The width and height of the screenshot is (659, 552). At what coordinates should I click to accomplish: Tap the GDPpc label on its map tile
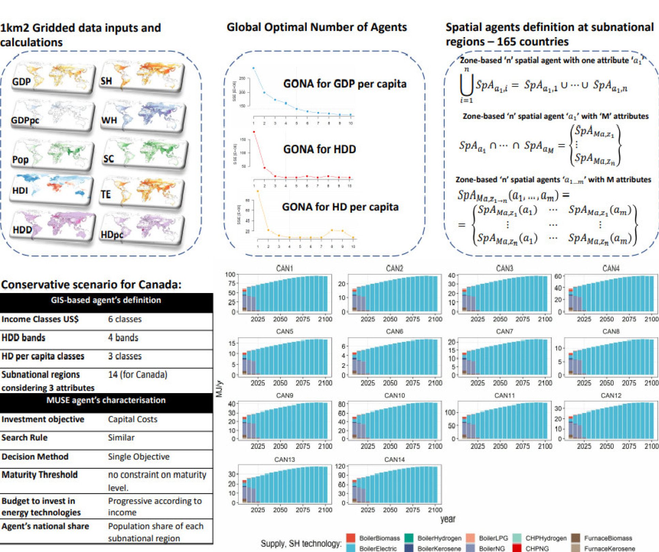tap(25, 120)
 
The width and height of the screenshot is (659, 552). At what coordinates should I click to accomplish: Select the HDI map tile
tap(51, 189)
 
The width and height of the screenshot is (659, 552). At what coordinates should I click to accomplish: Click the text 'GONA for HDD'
tap(319, 149)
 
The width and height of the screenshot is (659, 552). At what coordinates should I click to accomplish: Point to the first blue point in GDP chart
tap(254, 68)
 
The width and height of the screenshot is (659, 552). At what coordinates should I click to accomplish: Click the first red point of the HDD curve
tap(254, 132)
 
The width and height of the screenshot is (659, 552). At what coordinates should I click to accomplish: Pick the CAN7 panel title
tap(504, 331)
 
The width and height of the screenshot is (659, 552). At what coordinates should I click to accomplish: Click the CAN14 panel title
tap(394, 460)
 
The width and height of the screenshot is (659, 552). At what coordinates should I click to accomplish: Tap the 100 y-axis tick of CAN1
tap(230, 275)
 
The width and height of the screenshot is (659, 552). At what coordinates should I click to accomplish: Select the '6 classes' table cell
tap(125, 319)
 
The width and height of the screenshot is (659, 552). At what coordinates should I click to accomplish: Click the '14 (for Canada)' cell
tap(138, 375)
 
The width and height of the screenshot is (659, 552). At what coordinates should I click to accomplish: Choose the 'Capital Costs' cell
tap(133, 419)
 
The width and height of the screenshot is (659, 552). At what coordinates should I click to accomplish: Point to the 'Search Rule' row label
tap(25, 438)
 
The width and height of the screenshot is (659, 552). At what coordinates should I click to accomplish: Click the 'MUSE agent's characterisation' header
tap(106, 400)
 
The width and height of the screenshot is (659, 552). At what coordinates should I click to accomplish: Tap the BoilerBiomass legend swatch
tap(351, 538)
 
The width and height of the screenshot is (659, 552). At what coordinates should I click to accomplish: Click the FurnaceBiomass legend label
tap(608, 538)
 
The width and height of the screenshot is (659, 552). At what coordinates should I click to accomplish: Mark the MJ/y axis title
tap(219, 389)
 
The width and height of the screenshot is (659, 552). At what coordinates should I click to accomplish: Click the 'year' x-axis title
tap(447, 519)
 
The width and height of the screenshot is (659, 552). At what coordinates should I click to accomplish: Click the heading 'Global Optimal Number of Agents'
tap(317, 27)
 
